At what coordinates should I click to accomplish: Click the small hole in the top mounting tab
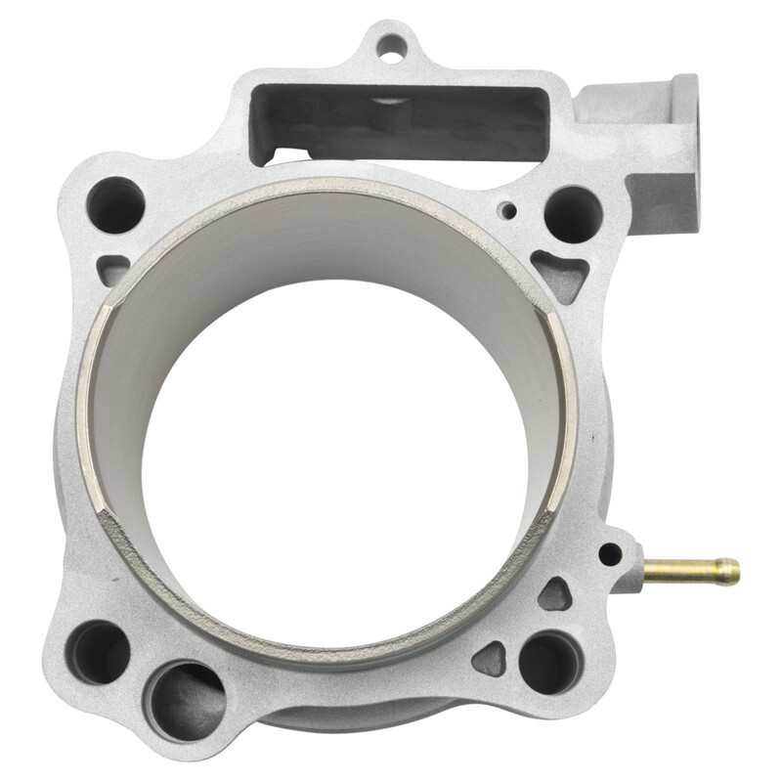390,44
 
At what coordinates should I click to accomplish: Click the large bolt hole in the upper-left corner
115,204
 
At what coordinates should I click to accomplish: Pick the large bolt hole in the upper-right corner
573,213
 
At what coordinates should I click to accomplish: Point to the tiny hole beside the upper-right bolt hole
506,210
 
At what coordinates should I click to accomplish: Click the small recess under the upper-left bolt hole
114,267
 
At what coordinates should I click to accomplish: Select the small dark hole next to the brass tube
610,554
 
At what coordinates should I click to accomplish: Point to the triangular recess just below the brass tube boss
555,594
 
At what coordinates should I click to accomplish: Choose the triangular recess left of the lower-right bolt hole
491,659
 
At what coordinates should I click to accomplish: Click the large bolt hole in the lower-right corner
550,663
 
